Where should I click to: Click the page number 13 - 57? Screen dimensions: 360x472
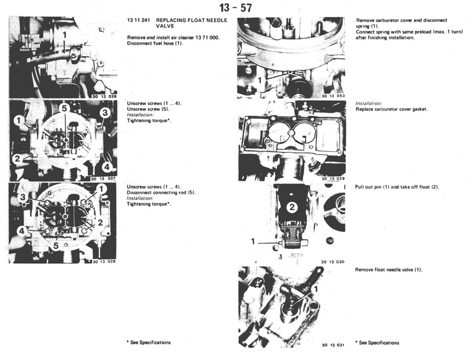pos(236,8)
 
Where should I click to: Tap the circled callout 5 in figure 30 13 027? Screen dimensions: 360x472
pos(65,108)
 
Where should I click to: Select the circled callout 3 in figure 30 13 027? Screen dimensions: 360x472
pos(105,113)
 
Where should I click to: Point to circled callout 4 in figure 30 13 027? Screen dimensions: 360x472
pos(107,167)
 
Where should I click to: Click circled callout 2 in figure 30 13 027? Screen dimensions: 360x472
pos(17,159)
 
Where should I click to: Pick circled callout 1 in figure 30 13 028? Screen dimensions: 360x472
pos(100,190)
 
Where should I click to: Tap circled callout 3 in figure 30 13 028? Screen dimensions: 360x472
pos(22,197)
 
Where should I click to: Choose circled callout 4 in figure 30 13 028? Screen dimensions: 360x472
pos(21,231)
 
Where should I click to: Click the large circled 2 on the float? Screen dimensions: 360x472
pos(292,207)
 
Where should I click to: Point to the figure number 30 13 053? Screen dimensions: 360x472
pos(333,96)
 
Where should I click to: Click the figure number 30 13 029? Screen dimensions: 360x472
pos(333,179)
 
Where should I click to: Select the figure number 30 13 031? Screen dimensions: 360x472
pos(333,345)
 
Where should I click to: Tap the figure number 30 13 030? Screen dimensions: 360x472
pos(333,262)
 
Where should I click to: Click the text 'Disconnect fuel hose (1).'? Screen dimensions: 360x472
pos(155,43)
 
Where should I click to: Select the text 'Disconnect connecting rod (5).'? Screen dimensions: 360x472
pos(161,192)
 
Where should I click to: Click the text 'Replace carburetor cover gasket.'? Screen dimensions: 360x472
pos(391,109)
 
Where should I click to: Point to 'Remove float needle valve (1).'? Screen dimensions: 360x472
pos(388,270)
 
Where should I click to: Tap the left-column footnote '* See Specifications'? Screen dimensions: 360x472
pos(149,342)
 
